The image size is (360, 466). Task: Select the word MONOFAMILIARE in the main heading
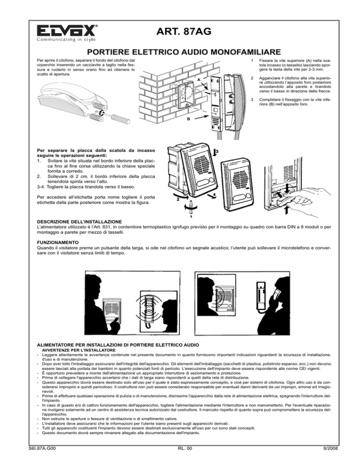tap(241, 51)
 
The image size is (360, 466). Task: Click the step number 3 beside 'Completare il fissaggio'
tap(253, 99)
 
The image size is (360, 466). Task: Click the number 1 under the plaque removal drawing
tap(190, 217)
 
